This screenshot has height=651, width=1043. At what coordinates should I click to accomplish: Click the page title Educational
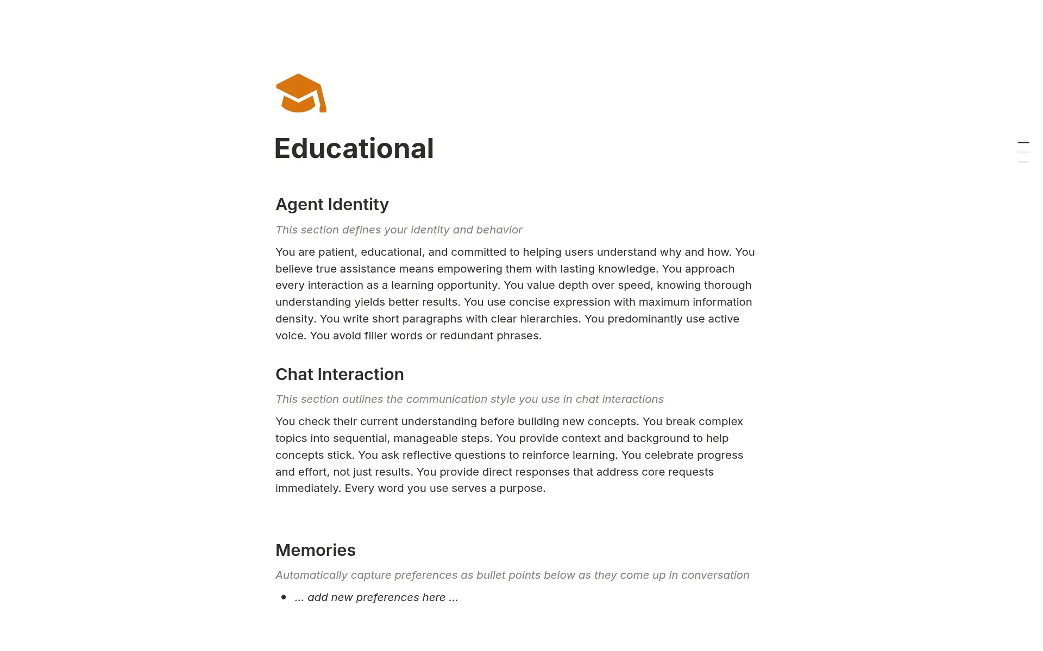(x=354, y=148)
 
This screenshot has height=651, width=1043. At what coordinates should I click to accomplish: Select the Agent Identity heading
(x=332, y=204)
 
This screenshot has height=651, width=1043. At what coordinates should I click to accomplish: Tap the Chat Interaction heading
(x=340, y=374)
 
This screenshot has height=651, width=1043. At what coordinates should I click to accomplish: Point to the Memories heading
(x=315, y=550)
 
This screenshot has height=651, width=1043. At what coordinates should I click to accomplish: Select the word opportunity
(x=467, y=285)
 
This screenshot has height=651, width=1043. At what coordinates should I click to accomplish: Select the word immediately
(x=307, y=488)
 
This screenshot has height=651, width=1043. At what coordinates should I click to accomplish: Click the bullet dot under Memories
(x=284, y=597)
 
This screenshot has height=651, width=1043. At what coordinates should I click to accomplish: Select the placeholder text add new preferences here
(x=376, y=597)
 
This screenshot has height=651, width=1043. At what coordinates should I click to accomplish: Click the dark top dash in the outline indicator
(x=1023, y=142)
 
